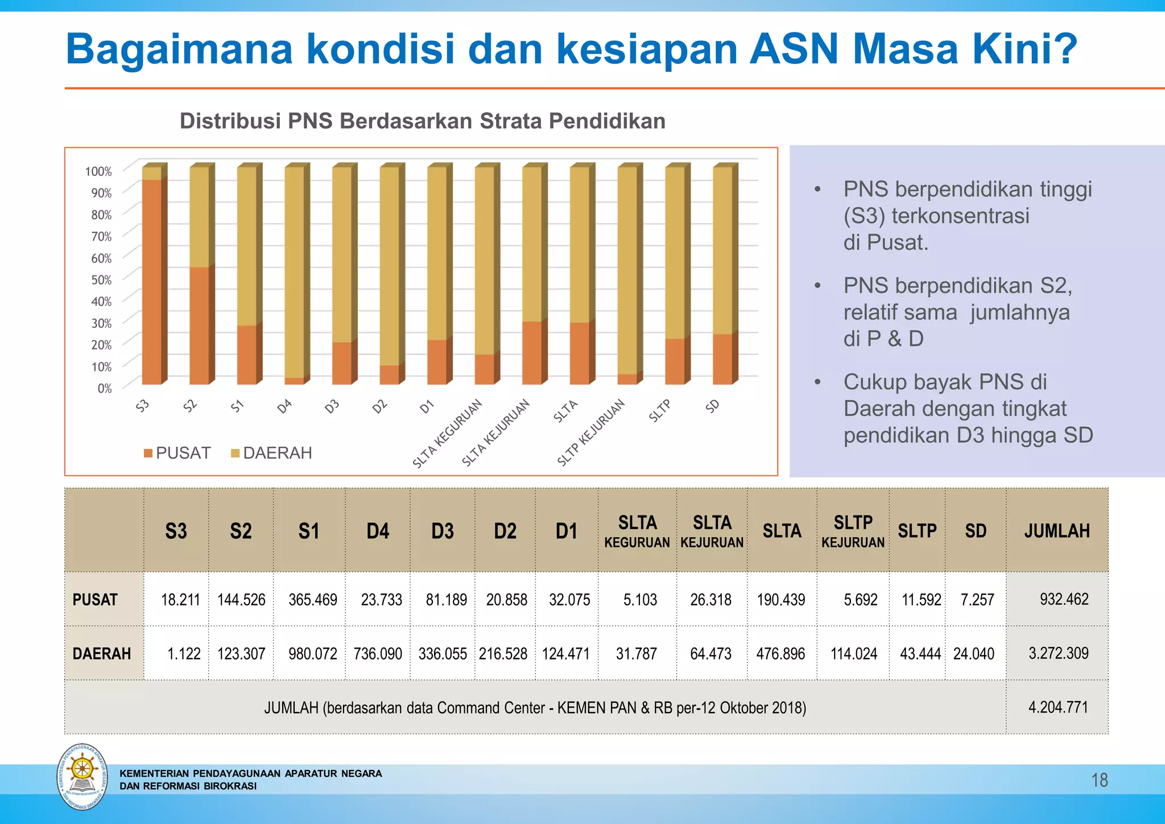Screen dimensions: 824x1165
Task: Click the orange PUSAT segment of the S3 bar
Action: pyautogui.click(x=151, y=282)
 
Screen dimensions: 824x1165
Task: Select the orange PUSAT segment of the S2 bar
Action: pyautogui.click(x=199, y=326)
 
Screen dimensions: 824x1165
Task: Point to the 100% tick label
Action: pyautogui.click(x=98, y=171)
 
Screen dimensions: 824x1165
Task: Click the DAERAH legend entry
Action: pyautogui.click(x=271, y=453)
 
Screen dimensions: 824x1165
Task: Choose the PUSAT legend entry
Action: pyautogui.click(x=177, y=453)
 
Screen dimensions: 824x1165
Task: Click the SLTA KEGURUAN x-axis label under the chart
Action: pyautogui.click(x=448, y=433)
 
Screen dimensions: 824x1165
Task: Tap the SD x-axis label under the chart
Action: pyautogui.click(x=713, y=406)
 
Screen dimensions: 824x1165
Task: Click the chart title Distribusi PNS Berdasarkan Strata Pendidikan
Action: pyautogui.click(x=422, y=121)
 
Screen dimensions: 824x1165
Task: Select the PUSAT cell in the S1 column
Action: pyautogui.click(x=312, y=600)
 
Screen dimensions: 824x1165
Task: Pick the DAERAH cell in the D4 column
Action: pyautogui.click(x=378, y=654)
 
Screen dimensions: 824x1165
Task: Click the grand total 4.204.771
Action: pyautogui.click(x=1058, y=707)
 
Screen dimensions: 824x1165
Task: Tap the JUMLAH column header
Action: pyautogui.click(x=1057, y=531)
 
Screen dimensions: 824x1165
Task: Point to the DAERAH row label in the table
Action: pyautogui.click(x=102, y=654)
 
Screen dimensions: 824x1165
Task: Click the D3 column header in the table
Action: pyautogui.click(x=443, y=531)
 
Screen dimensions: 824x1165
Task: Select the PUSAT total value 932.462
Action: pyautogui.click(x=1064, y=599)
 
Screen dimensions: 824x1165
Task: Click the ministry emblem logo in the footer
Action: pyautogui.click(x=82, y=777)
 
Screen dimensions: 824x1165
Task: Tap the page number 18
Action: pyautogui.click(x=1100, y=780)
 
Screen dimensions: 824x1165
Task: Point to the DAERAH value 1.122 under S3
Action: pyautogui.click(x=184, y=654)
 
